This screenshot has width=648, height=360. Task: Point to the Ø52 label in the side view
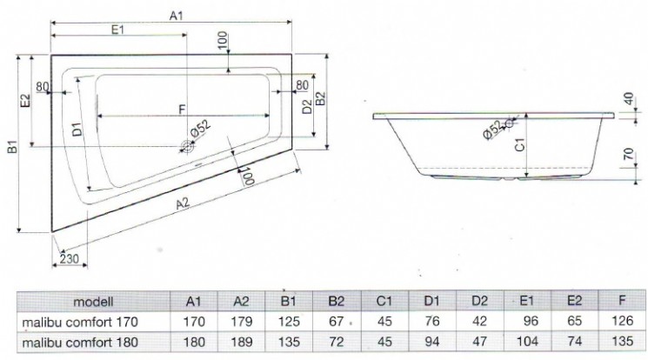tap(492, 130)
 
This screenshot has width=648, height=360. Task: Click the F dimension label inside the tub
tap(181, 110)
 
